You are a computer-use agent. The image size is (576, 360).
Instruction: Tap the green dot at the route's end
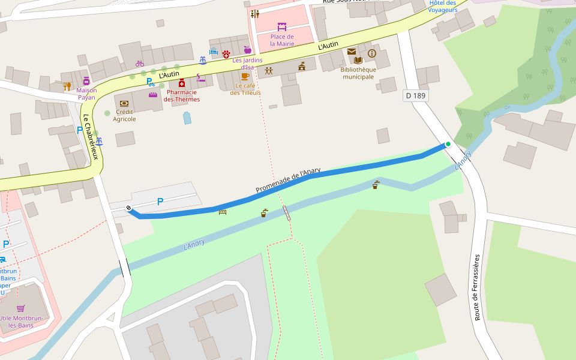[448, 144]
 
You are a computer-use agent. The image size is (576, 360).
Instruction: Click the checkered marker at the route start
[128, 208]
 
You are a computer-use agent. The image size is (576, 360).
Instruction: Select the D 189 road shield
[415, 95]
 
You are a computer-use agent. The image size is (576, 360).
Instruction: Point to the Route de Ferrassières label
[478, 287]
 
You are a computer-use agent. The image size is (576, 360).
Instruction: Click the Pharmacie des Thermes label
[182, 95]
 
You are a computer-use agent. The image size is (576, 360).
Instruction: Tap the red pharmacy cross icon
[181, 83]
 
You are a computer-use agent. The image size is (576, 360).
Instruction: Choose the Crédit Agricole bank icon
[124, 103]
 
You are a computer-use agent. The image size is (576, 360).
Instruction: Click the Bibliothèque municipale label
[358, 73]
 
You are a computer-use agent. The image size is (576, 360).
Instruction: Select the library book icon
[358, 60]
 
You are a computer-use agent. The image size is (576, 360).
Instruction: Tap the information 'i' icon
[371, 53]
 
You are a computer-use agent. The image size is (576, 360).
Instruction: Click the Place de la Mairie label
[282, 40]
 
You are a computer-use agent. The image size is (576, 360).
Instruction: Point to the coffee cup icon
[244, 76]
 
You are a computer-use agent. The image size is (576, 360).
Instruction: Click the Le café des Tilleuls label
[245, 89]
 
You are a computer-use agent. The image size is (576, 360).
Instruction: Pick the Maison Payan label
[86, 94]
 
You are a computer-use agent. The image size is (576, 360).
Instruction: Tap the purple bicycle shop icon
[140, 64]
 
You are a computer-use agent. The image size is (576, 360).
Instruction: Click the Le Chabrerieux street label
[91, 137]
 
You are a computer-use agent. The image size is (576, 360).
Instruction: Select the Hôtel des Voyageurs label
[443, 6]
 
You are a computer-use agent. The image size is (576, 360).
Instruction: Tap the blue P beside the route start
[160, 202]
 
